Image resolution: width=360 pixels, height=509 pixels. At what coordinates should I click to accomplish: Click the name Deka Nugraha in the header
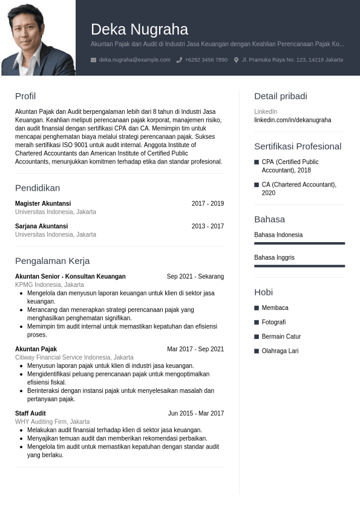tap(139, 29)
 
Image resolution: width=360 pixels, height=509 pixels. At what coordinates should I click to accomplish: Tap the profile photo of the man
tap(38, 38)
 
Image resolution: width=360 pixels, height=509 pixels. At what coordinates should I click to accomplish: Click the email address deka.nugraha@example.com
tap(134, 60)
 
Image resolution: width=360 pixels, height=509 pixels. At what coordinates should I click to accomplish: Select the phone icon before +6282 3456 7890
tap(179, 60)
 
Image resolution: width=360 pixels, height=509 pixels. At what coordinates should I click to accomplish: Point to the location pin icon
tap(236, 60)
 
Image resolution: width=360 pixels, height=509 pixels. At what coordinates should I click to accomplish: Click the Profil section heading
tap(25, 96)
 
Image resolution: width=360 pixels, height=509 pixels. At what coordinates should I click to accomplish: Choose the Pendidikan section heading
tap(38, 188)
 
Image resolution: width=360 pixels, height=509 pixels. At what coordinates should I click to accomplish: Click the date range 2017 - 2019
tap(208, 204)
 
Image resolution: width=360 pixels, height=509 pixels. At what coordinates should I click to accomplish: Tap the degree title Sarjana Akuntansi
tap(41, 226)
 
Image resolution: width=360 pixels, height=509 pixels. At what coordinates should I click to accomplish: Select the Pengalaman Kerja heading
tap(52, 261)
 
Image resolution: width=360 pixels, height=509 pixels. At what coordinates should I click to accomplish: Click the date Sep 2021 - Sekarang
tap(195, 277)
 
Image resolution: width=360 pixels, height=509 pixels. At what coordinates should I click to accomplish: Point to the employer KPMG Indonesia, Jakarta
tap(50, 285)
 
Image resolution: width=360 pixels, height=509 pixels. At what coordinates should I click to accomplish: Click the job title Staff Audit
tap(30, 413)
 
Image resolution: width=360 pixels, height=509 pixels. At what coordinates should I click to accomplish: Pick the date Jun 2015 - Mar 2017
tap(195, 413)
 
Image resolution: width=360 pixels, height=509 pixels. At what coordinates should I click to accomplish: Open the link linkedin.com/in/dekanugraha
tap(292, 120)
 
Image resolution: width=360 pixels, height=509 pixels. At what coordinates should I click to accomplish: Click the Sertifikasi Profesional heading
tap(298, 146)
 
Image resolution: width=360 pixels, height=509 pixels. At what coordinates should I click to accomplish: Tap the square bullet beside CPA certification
tap(257, 162)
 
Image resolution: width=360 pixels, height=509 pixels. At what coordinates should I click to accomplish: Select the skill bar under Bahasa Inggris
tap(299, 266)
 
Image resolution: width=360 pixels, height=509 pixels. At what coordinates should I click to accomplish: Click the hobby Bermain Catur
tap(281, 337)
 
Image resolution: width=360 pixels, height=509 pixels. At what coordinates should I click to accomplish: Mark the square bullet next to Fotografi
tap(257, 323)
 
